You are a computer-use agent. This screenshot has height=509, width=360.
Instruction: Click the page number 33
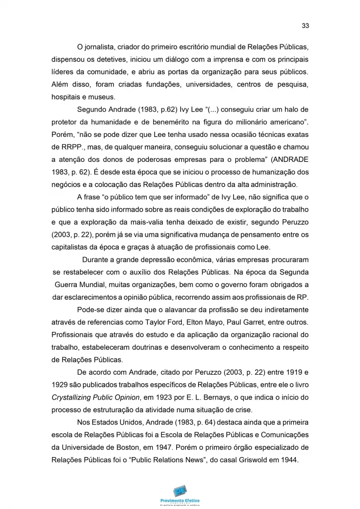pyautogui.click(x=306, y=25)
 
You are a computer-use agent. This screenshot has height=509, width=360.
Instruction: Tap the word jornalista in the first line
pyautogui.click(x=99, y=47)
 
